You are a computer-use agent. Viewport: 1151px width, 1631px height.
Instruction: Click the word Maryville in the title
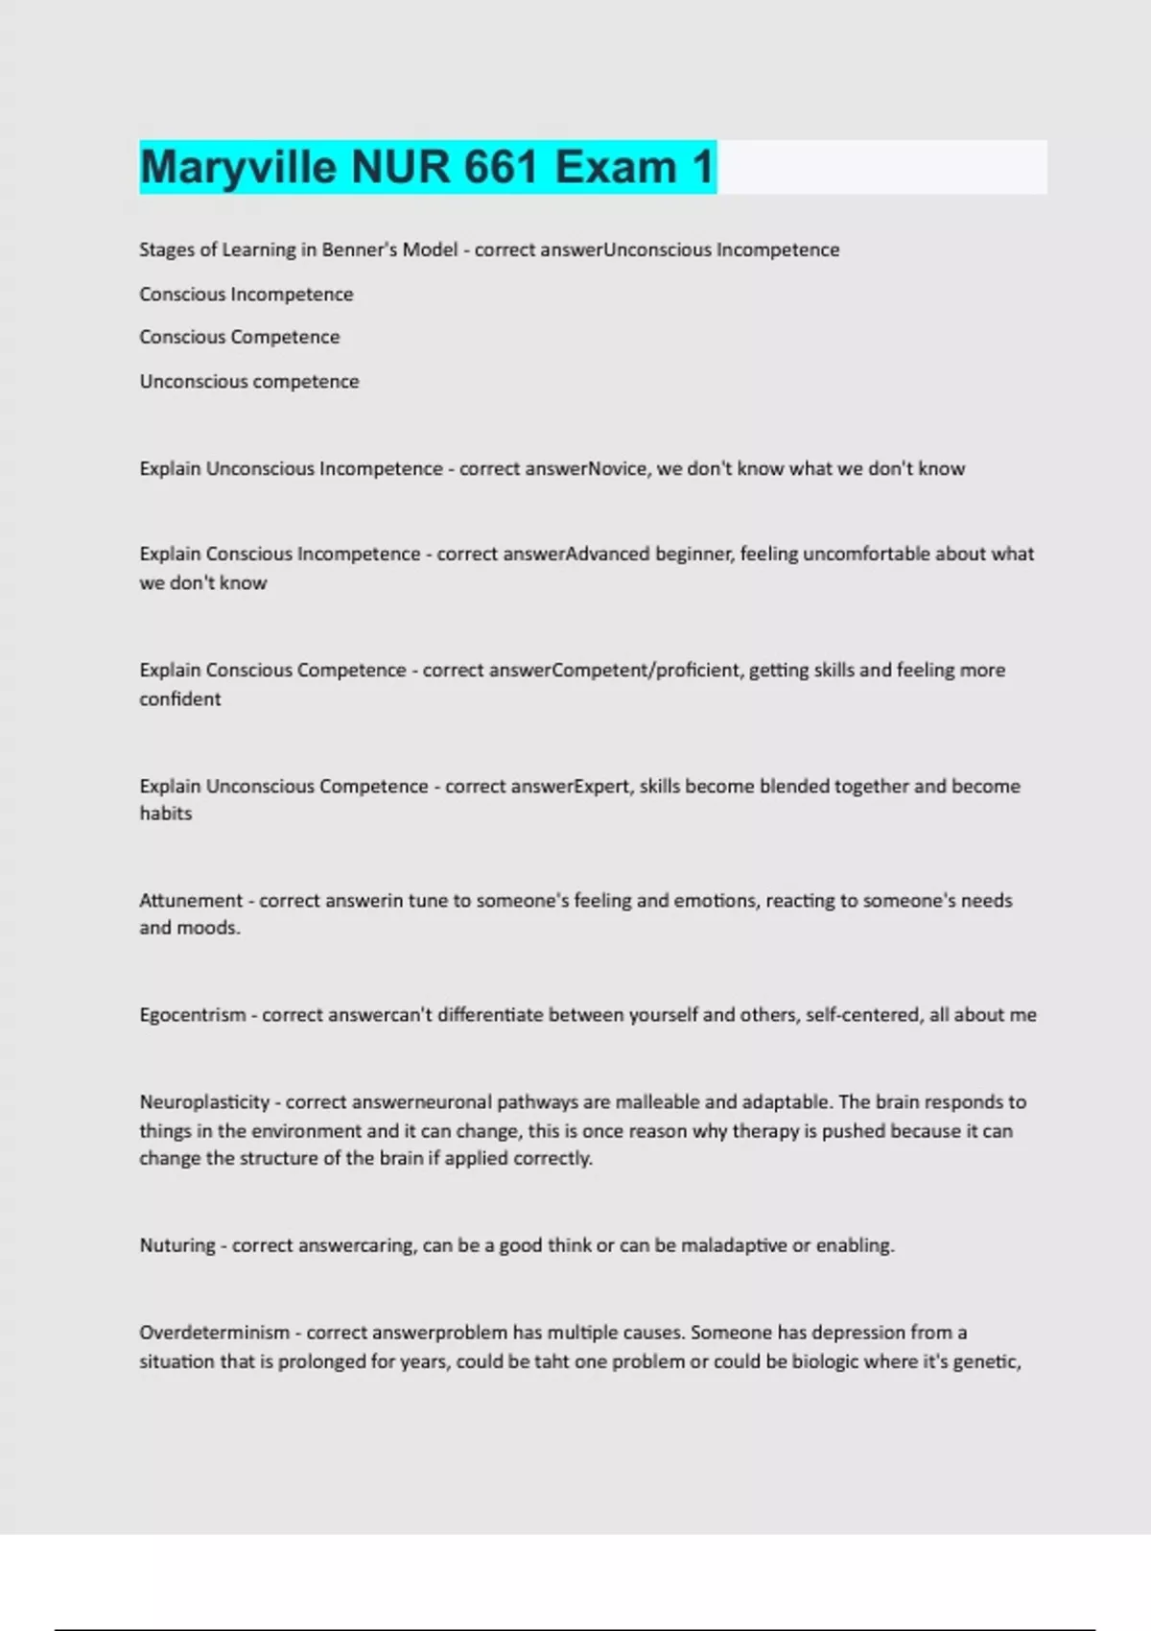238,167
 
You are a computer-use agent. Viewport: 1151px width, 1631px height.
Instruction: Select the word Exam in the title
616,167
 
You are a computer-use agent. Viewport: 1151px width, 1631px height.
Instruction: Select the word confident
179,699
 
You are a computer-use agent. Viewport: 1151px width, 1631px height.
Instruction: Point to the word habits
165,814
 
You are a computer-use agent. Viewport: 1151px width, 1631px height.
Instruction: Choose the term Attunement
191,901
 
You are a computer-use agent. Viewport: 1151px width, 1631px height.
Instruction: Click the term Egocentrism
192,1015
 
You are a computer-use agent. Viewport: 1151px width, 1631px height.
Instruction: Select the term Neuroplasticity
204,1102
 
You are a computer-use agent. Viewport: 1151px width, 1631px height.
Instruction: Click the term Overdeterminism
214,1333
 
